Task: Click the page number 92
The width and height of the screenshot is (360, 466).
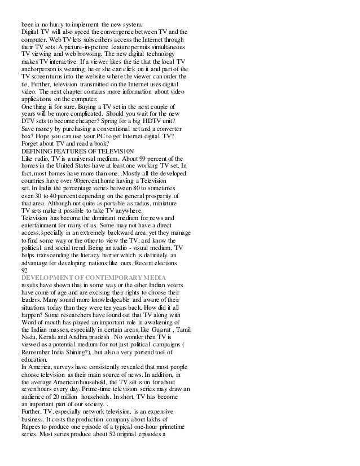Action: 25,270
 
